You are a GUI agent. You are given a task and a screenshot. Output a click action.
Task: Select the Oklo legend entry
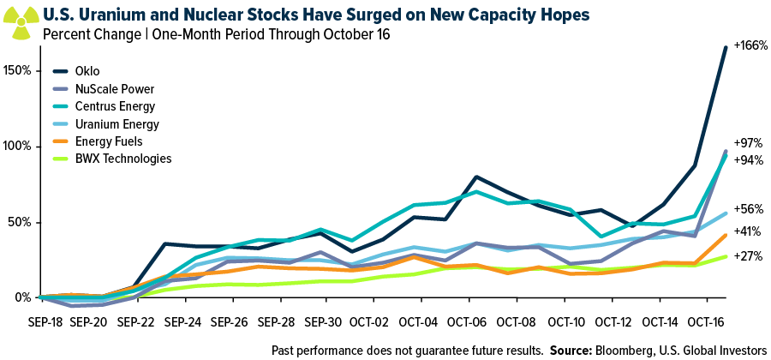[x=88, y=70]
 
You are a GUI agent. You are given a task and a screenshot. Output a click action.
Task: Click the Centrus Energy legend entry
[x=116, y=106]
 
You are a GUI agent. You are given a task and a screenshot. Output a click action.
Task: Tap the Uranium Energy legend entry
[x=116, y=123]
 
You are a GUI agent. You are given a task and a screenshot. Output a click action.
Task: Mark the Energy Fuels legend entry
[x=109, y=141]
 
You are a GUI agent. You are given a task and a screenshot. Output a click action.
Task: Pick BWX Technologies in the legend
[x=123, y=159]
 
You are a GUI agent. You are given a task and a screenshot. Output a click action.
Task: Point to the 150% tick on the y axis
[x=18, y=69]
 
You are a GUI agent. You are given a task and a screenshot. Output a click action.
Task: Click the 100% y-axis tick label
[x=18, y=146]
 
